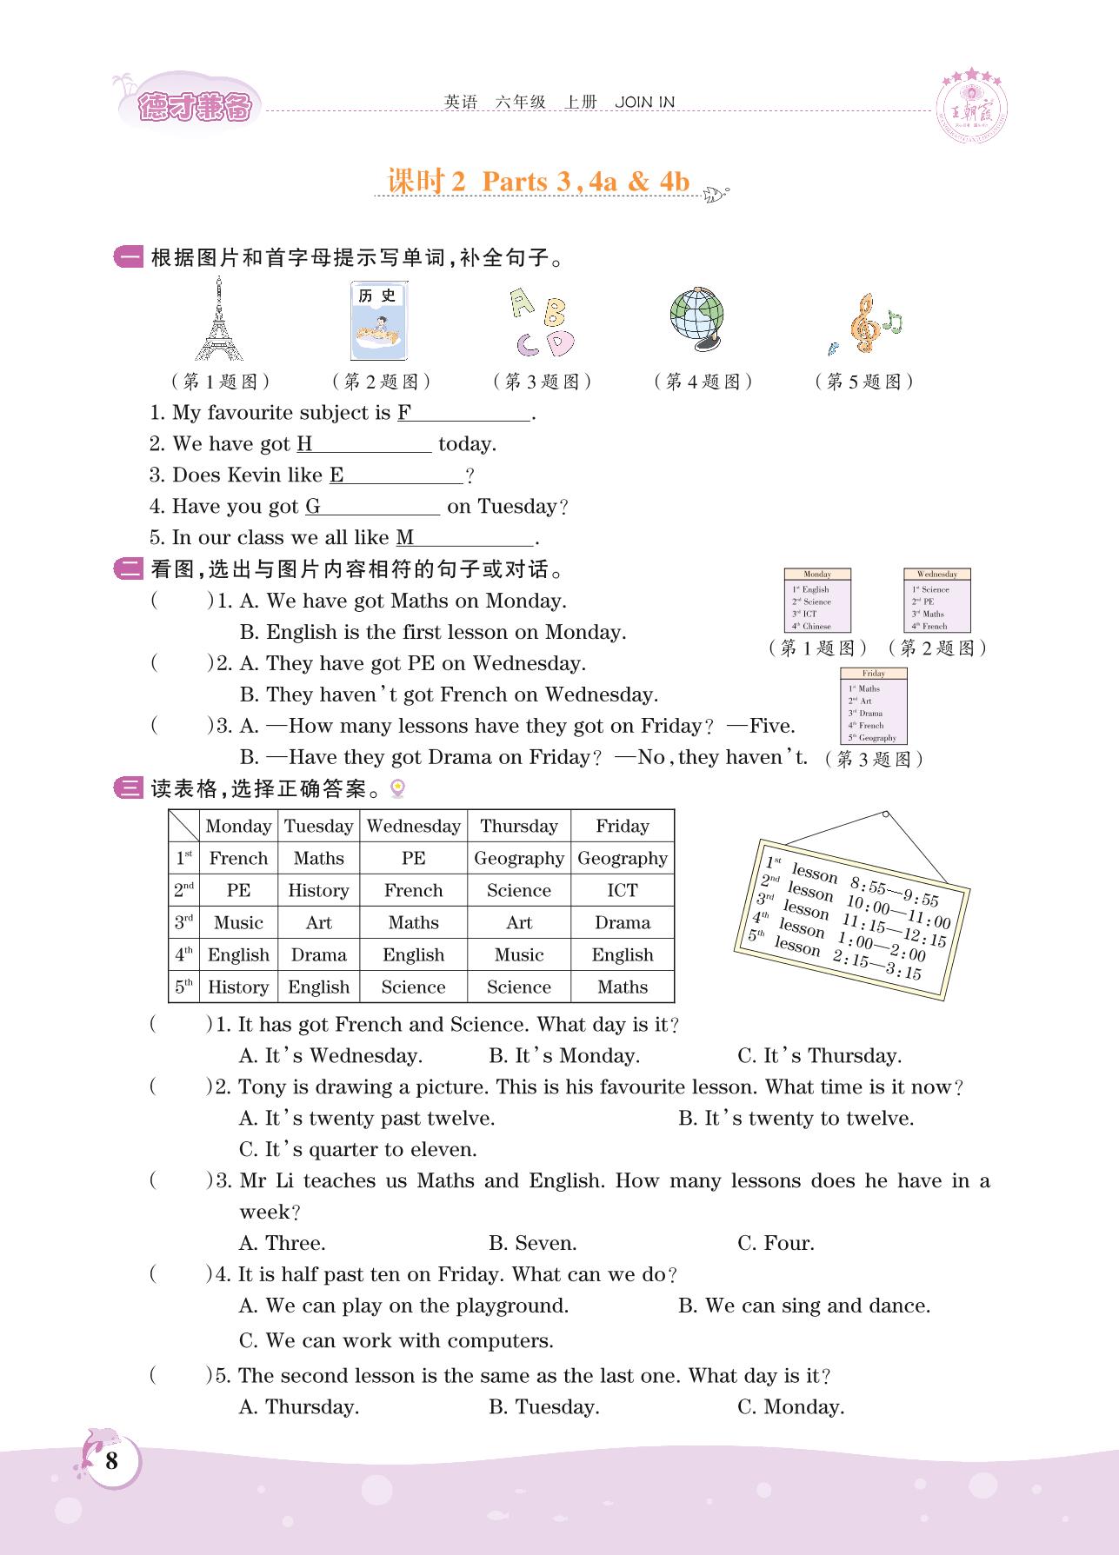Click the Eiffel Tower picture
(x=218, y=320)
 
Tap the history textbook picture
(x=378, y=320)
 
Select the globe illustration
(x=697, y=318)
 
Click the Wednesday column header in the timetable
(x=413, y=826)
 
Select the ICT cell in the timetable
(x=622, y=890)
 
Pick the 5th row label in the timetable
(x=183, y=987)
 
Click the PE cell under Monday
(x=238, y=890)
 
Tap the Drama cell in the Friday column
(x=622, y=922)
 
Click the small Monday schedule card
(x=817, y=601)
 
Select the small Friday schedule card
(x=873, y=705)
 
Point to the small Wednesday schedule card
(x=936, y=601)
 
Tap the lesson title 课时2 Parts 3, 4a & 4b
(x=538, y=182)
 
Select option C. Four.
(x=776, y=1243)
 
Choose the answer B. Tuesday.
(x=543, y=1406)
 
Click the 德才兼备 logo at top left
(x=194, y=108)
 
